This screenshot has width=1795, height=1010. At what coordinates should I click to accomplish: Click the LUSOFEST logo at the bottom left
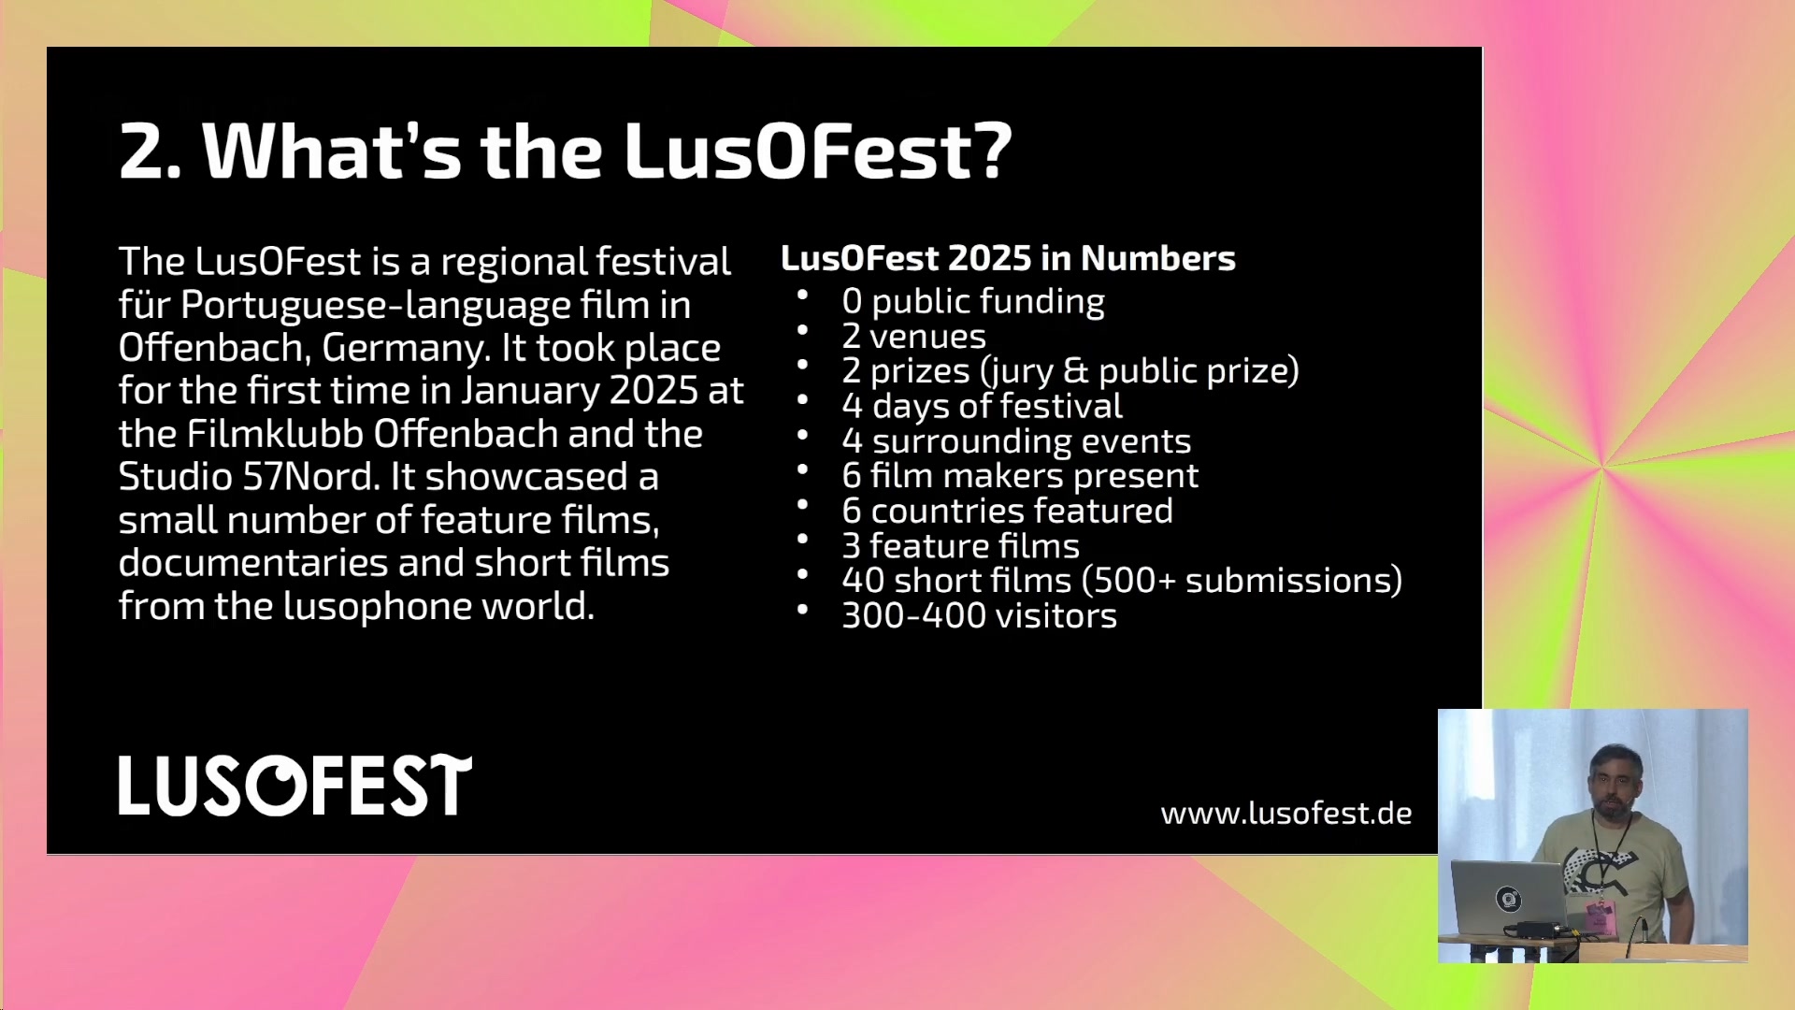[295, 786]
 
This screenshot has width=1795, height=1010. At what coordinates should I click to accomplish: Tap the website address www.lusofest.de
[1286, 814]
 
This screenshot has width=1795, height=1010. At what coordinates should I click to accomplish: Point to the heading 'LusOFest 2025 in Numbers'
[1008, 258]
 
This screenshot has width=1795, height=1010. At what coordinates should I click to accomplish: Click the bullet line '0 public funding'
[973, 301]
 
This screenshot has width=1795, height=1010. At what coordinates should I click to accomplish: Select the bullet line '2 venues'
[914, 337]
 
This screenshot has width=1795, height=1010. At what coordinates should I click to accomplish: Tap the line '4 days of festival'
[983, 406]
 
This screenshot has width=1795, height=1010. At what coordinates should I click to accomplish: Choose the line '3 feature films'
[961, 545]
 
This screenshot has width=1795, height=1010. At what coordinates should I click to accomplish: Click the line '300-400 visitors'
[980, 615]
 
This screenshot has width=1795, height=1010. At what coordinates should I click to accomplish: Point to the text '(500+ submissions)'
[1242, 581]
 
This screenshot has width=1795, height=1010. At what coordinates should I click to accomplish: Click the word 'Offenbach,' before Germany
[215, 348]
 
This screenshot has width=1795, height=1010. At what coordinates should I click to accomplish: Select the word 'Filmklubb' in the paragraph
[275, 434]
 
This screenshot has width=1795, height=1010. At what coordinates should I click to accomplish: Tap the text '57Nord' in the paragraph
[311, 477]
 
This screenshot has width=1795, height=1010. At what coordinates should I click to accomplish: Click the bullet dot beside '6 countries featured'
[802, 505]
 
